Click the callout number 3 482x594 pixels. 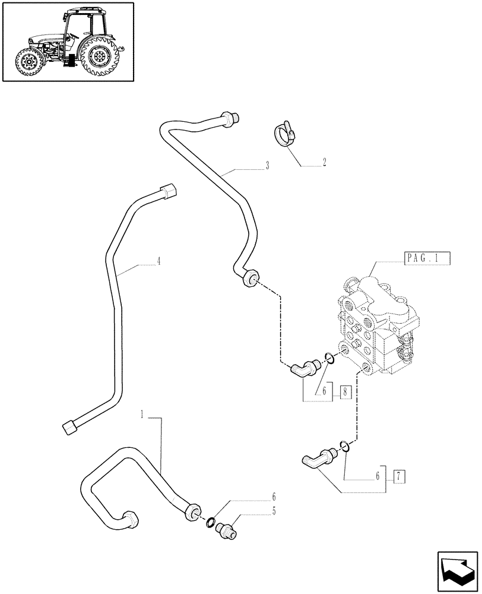click(267, 166)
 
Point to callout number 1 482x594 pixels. click(142, 413)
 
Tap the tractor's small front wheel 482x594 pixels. click(28, 62)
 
